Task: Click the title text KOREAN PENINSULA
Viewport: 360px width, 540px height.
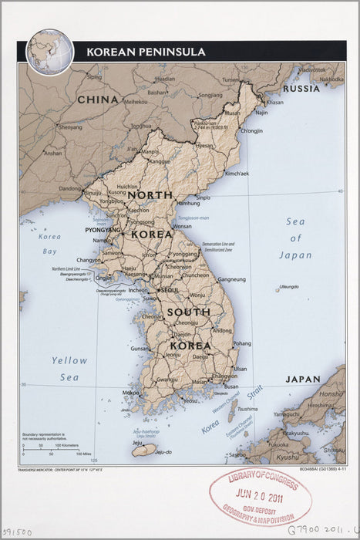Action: (x=146, y=52)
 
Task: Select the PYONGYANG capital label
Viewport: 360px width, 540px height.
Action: (x=102, y=230)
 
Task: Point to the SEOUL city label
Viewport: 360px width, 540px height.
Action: (x=170, y=289)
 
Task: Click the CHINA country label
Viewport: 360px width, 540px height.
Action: (x=97, y=100)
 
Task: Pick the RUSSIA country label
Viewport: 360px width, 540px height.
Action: (x=300, y=89)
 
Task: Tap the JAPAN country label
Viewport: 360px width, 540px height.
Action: (x=302, y=380)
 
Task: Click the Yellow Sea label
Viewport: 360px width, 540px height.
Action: (x=69, y=369)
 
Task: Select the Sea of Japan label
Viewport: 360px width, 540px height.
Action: (x=295, y=238)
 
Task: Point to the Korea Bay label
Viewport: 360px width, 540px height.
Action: (x=50, y=244)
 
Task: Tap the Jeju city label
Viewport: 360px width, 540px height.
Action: (x=137, y=443)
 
